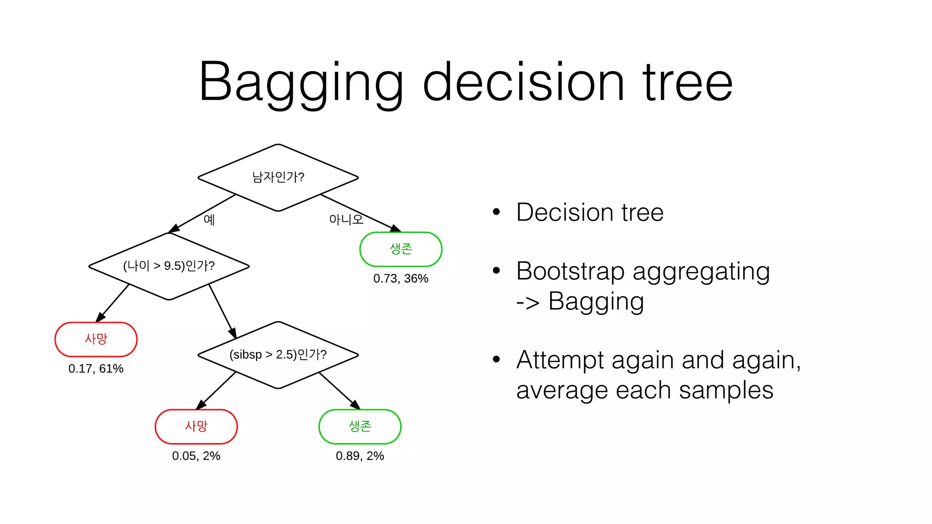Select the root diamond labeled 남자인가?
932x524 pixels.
click(x=278, y=177)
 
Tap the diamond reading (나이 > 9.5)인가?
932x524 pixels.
click(x=169, y=266)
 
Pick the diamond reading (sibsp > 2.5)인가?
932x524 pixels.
click(x=278, y=355)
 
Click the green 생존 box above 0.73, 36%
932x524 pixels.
click(x=400, y=249)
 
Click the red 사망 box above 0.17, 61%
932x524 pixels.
click(x=96, y=339)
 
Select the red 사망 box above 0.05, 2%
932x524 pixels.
click(x=196, y=427)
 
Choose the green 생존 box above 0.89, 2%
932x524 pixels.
click(x=360, y=427)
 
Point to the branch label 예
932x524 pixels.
click(x=209, y=220)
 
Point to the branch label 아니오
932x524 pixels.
click(x=346, y=220)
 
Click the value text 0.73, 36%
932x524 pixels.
click(x=400, y=278)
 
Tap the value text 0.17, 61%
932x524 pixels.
click(x=96, y=368)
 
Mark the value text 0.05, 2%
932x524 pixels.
click(x=196, y=456)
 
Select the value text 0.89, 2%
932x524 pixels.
click(x=360, y=456)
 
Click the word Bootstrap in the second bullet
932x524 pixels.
click(x=570, y=272)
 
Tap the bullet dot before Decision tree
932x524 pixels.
click(x=496, y=212)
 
